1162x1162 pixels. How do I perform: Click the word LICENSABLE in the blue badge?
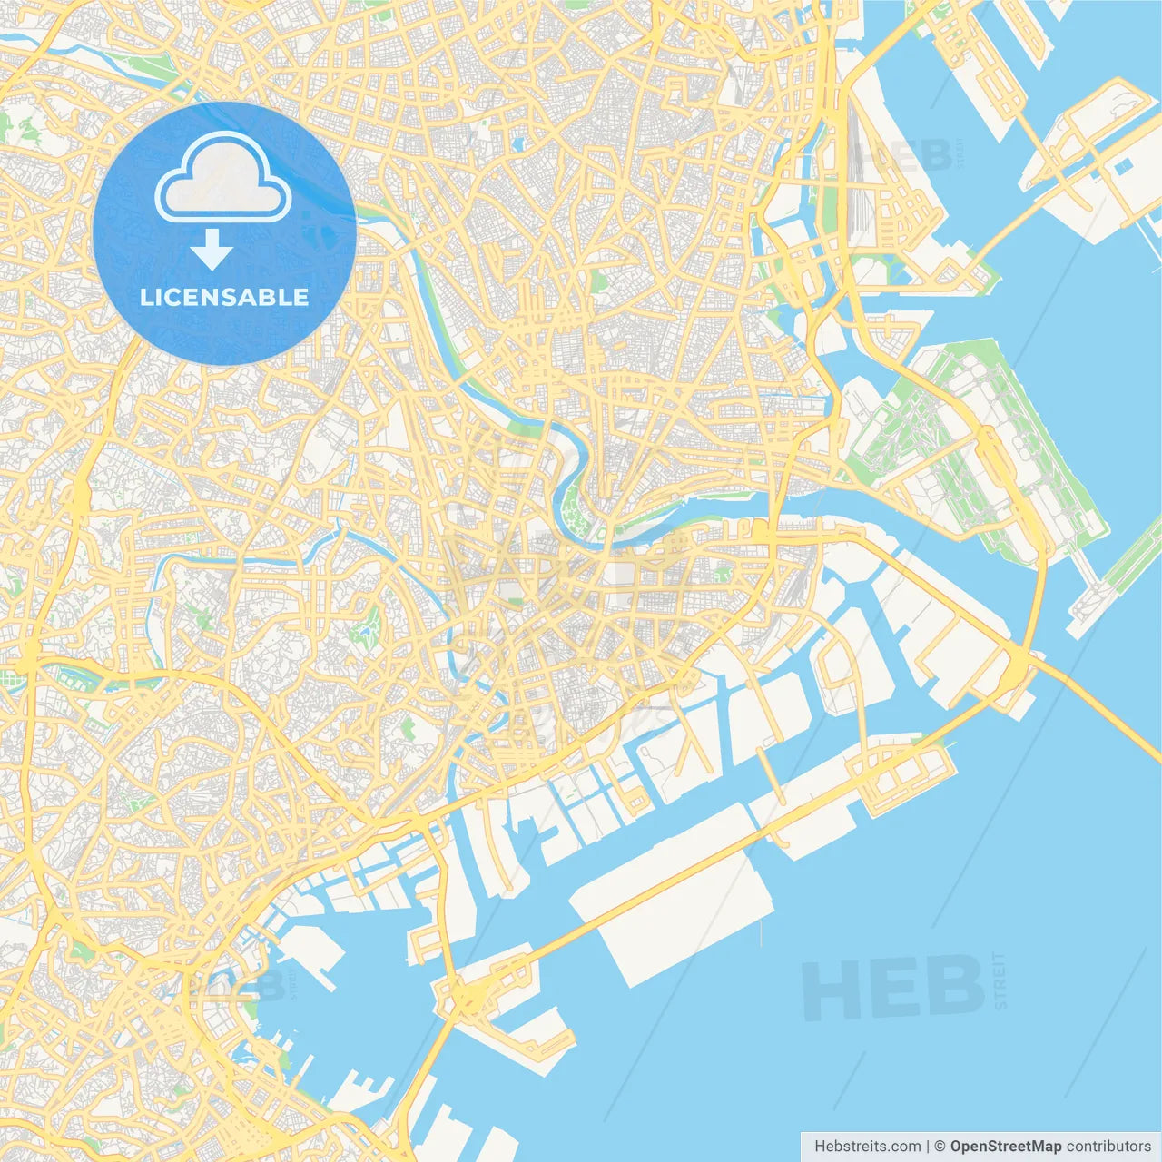tap(224, 297)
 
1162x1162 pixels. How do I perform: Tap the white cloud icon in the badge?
tap(223, 179)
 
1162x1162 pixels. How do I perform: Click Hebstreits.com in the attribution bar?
tap(867, 1147)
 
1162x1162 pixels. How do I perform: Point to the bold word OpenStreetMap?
tap(1005, 1147)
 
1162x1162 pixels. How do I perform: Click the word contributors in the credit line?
tap(1108, 1147)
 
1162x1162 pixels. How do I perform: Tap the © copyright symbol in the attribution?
tap(940, 1147)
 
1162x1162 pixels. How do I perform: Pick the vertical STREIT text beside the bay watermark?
tap(1000, 980)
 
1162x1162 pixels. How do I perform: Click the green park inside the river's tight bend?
tap(574, 508)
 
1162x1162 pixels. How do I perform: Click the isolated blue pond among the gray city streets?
tap(517, 143)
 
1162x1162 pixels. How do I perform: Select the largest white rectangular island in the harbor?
tap(676, 899)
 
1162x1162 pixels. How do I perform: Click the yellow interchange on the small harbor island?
tap(472, 999)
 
